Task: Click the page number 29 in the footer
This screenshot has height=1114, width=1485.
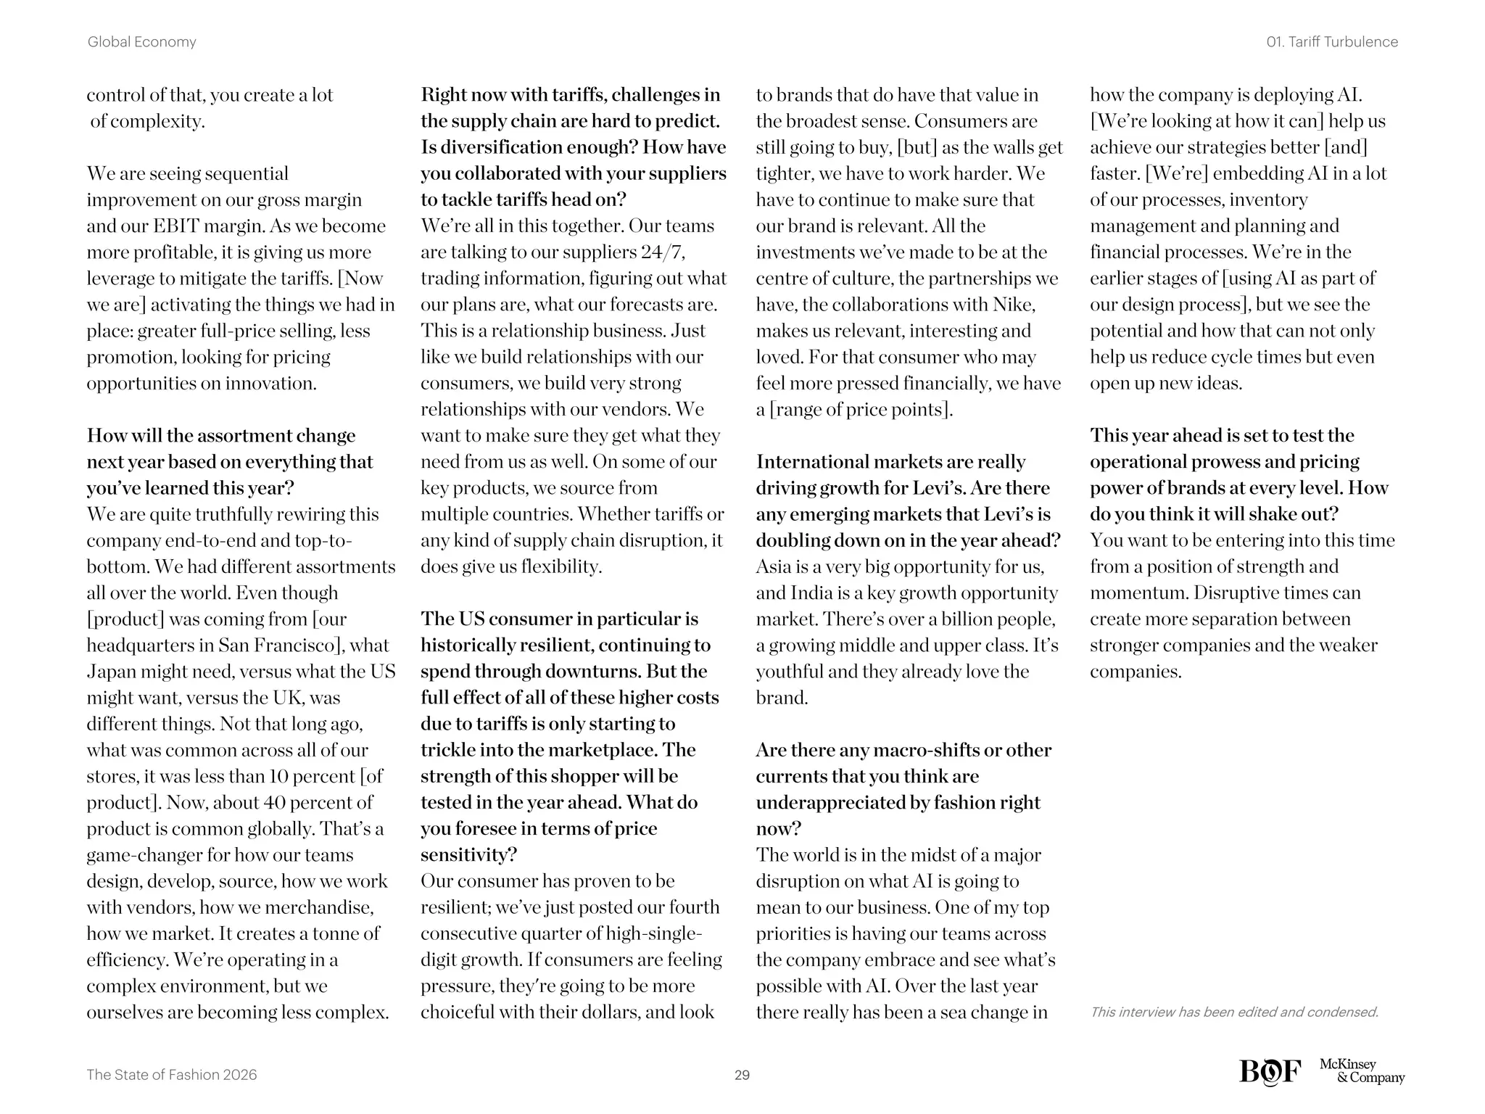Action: (x=742, y=1075)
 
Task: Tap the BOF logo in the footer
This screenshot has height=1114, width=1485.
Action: (x=1270, y=1071)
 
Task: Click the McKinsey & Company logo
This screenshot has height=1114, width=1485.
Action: (x=1362, y=1071)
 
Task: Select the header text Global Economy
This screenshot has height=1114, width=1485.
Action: (x=141, y=42)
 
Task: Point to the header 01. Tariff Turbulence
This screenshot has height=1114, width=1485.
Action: (x=1332, y=42)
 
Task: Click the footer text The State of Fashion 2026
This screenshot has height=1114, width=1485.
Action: (x=171, y=1075)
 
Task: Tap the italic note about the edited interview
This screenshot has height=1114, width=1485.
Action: (x=1234, y=1012)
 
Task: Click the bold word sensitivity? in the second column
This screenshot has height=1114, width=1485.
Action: (x=468, y=855)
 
